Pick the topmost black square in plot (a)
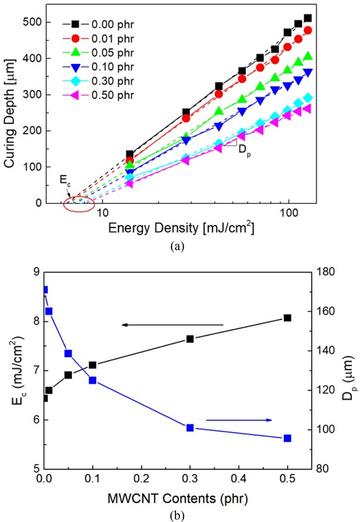(308, 18)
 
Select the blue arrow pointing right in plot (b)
(239, 420)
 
